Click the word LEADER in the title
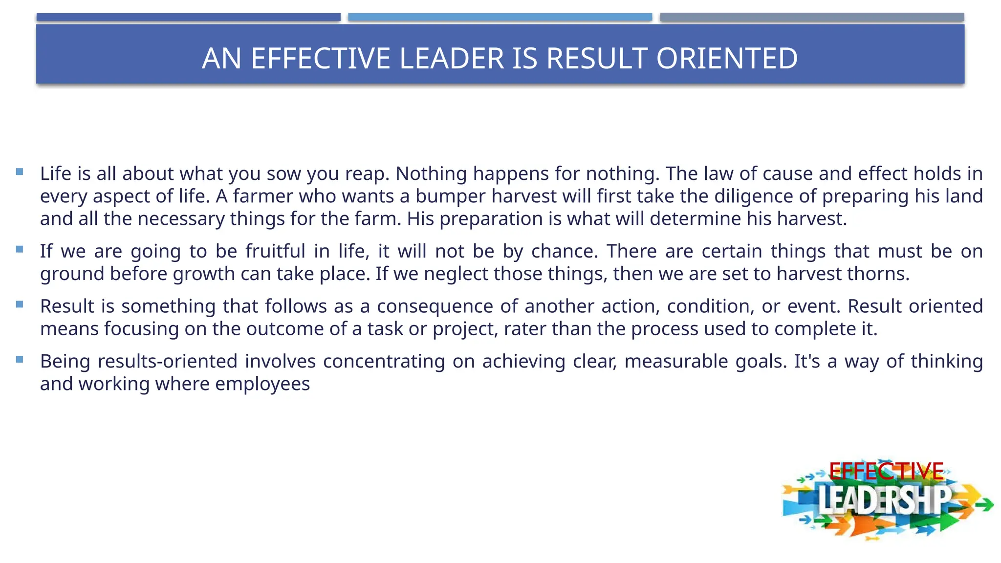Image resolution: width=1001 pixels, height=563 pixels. point(451,59)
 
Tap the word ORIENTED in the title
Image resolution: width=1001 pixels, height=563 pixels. point(727,59)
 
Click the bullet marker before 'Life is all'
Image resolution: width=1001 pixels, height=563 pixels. point(20,172)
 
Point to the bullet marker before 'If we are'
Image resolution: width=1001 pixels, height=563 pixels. point(20,249)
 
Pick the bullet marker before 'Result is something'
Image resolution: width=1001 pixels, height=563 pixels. point(20,304)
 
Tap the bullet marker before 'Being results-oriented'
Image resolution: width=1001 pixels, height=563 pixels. point(20,360)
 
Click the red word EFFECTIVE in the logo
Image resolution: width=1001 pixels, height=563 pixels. point(886,472)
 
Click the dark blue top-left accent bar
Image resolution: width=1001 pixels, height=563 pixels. point(188,17)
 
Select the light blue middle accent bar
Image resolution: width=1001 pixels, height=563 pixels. point(500,17)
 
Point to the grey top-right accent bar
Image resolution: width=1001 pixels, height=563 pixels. point(812,17)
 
